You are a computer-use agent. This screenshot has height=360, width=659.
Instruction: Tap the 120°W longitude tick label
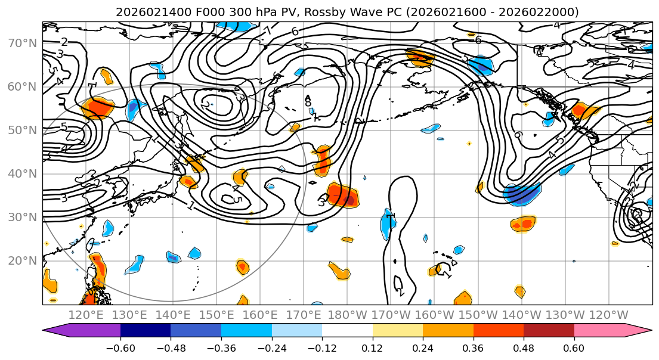[x=608, y=315]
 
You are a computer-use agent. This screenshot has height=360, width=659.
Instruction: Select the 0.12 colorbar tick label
[x=372, y=347]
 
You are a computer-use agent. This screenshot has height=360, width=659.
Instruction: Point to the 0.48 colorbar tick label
[x=524, y=347]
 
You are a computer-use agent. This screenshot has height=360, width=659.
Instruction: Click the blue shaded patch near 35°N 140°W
[x=522, y=194]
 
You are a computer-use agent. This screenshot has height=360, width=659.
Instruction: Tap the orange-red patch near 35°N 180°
[x=344, y=195]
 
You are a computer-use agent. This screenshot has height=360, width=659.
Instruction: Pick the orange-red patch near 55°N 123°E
[x=98, y=107]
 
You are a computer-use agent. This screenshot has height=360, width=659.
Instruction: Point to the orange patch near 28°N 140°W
[x=523, y=224]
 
